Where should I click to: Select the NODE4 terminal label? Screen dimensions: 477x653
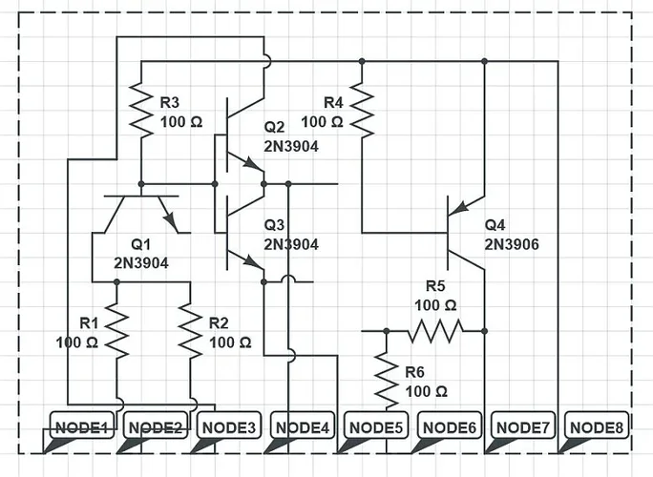[x=302, y=428]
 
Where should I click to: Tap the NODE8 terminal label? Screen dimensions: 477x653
[x=596, y=428]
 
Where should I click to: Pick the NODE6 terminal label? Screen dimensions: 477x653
[x=449, y=428]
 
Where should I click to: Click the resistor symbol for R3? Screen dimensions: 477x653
[x=141, y=110]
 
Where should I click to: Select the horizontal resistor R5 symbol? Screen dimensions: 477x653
[x=436, y=330]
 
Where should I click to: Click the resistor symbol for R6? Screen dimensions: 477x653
[x=386, y=375]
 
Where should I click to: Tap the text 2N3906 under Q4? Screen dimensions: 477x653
[x=512, y=244]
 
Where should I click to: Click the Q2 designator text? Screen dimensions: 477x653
[x=275, y=128]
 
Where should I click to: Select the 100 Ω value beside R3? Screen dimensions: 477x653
[x=181, y=123]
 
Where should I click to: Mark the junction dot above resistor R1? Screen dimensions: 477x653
[x=116, y=282]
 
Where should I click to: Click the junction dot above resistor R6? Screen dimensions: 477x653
[x=386, y=330]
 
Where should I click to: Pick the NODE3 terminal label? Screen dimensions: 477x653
[x=228, y=428]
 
